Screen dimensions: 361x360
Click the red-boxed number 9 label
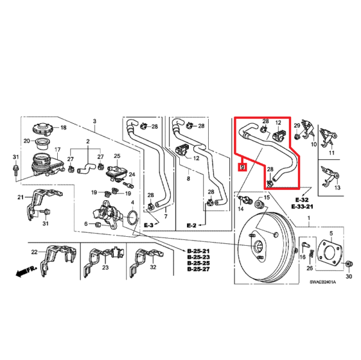coord(242,167)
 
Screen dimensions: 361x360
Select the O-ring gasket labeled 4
coord(132,217)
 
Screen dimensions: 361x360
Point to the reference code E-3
coord(149,225)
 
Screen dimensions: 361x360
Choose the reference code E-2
coord(191,225)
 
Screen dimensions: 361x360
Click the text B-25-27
coord(199,269)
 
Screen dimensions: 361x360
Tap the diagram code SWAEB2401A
coord(322,282)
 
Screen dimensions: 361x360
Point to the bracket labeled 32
coord(146,261)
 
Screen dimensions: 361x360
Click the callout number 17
coord(57,150)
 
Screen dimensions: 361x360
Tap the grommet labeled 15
coord(259,204)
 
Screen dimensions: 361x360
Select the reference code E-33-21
coord(302,207)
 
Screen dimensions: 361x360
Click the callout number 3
coord(94,121)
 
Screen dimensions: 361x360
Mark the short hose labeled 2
coord(86,168)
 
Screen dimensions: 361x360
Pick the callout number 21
coord(20,197)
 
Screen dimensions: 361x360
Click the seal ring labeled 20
coord(41,144)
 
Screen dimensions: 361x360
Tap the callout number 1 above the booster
coord(309,218)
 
